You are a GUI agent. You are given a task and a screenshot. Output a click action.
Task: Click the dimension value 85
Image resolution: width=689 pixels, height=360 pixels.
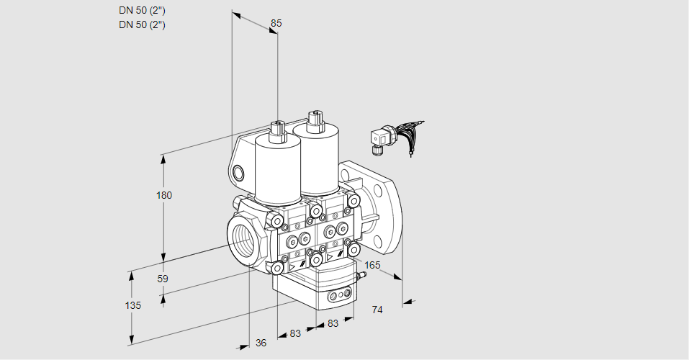[x=276, y=23]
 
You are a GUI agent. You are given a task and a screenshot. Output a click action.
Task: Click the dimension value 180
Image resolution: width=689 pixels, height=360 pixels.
[x=165, y=195]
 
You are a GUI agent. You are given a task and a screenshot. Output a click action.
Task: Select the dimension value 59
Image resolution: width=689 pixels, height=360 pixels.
[x=163, y=279]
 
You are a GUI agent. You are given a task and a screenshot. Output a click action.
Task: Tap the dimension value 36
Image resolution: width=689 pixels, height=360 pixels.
[x=261, y=343]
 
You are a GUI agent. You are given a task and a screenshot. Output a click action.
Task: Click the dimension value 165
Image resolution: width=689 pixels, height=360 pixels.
[x=372, y=266]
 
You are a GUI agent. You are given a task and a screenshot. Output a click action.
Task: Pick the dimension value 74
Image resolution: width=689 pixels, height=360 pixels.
[x=377, y=310]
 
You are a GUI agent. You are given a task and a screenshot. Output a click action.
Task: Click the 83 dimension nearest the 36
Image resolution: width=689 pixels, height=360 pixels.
[x=295, y=334]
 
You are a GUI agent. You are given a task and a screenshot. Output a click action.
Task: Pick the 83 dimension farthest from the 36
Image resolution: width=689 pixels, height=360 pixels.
[x=333, y=324]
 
